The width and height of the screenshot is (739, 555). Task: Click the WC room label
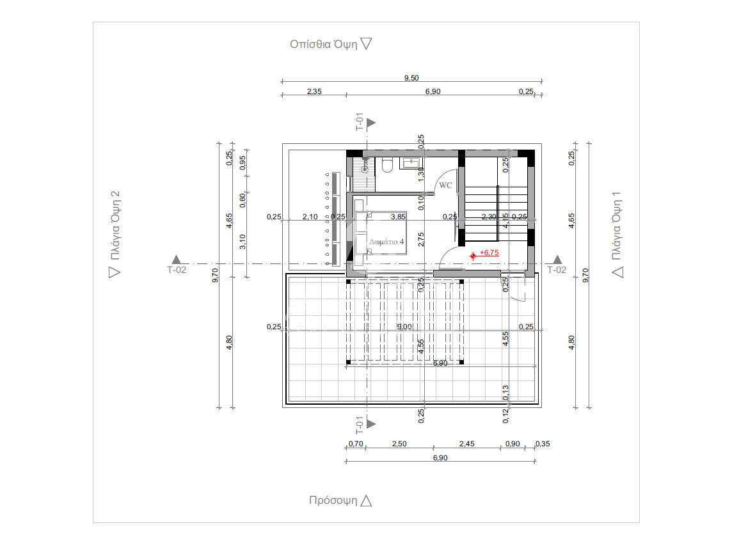pos(445,185)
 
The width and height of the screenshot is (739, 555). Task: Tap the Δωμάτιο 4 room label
pos(386,242)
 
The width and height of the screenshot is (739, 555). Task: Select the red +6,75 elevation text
pos(489,253)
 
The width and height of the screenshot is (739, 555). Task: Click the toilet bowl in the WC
pos(387,166)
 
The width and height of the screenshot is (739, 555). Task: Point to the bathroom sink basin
pos(411,163)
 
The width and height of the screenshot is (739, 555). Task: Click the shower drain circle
pos(365,169)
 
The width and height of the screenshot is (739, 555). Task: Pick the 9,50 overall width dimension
pos(411,78)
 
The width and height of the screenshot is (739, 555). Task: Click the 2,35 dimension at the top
pos(314,91)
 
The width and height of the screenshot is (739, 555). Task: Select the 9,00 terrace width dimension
pos(404,327)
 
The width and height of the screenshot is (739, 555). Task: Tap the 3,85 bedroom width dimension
pos(398,217)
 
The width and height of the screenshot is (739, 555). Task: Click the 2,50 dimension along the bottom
pos(399,444)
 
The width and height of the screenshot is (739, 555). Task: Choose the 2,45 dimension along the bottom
pos(466,444)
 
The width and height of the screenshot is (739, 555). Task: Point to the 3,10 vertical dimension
pos(242,242)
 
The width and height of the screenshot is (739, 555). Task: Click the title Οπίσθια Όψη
pos(323,44)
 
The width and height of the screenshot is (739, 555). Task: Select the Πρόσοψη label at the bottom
pos(333,500)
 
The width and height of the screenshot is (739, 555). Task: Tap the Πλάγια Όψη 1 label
pos(616,226)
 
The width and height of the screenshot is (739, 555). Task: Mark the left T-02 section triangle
pos(176,260)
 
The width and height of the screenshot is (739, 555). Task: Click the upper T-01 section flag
pos(371,123)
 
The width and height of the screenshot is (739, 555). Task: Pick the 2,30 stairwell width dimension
pos(489,217)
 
